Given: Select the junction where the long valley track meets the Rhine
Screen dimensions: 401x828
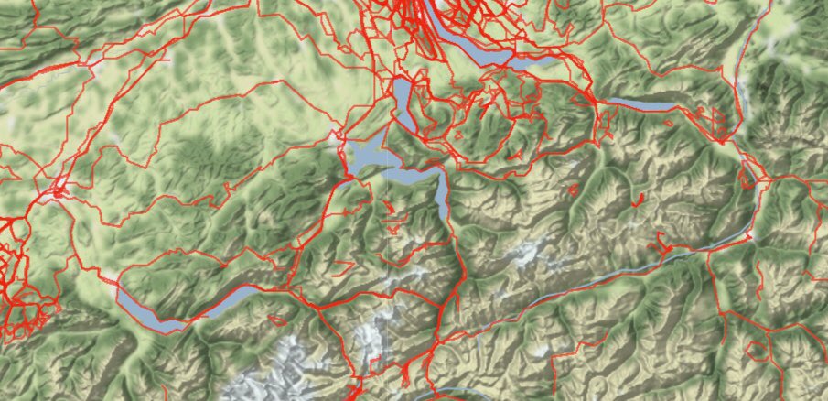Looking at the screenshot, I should tap(750, 238).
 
